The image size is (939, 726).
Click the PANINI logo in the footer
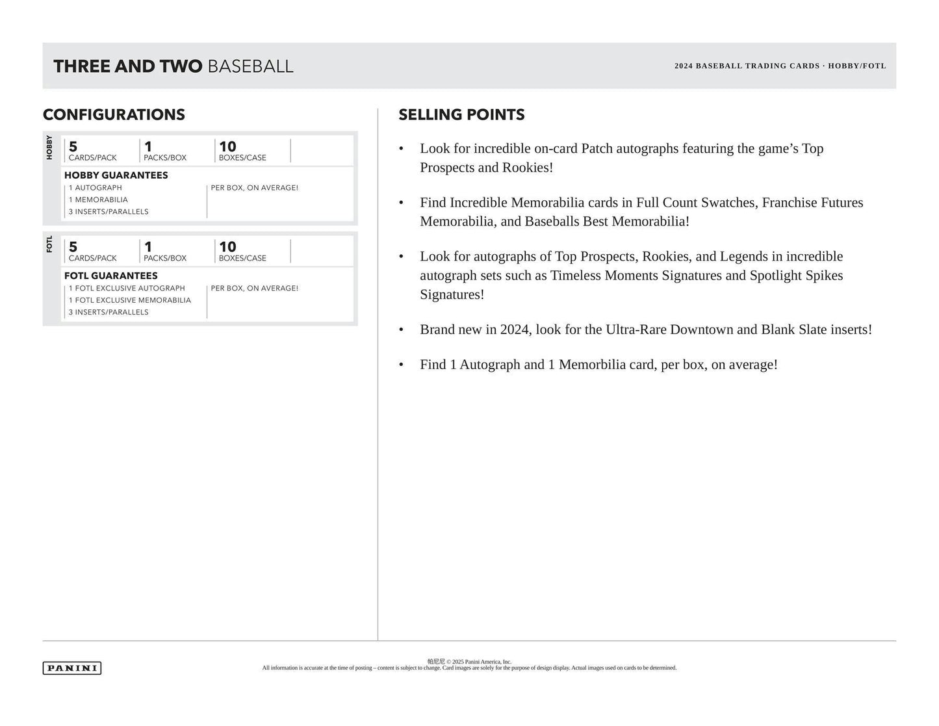pyautogui.click(x=72, y=668)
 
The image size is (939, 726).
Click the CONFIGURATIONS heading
pyautogui.click(x=114, y=115)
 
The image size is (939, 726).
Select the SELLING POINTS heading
pyautogui.click(x=461, y=115)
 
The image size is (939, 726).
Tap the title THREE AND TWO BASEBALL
pyautogui.click(x=173, y=66)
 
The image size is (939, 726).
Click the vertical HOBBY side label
pyautogui.click(x=49, y=148)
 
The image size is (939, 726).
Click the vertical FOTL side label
pyautogui.click(x=49, y=244)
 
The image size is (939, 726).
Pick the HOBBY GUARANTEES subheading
pyautogui.click(x=116, y=175)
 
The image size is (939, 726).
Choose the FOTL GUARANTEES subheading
pyautogui.click(x=110, y=276)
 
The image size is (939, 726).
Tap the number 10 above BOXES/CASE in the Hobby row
pyautogui.click(x=227, y=147)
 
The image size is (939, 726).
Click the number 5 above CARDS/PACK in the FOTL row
pyautogui.click(x=73, y=247)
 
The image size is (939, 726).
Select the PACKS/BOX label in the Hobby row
pyautogui.click(x=165, y=158)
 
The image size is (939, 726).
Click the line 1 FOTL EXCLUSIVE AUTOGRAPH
pyautogui.click(x=127, y=288)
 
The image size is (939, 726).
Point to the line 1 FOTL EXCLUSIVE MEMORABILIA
pyautogui.click(x=130, y=300)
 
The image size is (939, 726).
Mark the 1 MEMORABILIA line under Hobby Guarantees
pyautogui.click(x=98, y=200)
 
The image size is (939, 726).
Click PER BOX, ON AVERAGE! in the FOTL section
pyautogui.click(x=254, y=288)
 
